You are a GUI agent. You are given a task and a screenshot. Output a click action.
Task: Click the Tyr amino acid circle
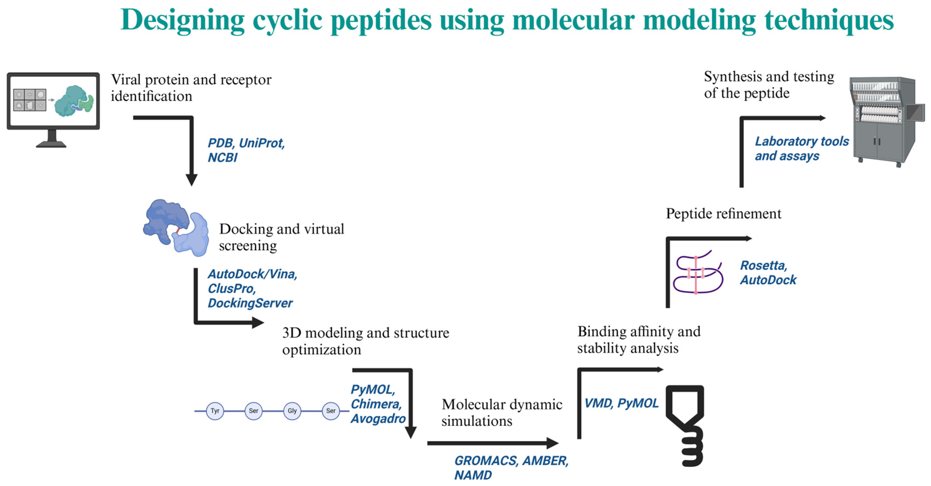[x=215, y=411]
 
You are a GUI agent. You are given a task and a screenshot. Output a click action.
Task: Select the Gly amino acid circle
[x=292, y=411]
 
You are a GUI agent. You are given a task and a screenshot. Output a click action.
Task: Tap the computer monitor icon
[x=53, y=108]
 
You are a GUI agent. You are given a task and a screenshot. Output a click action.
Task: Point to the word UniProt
[x=262, y=143]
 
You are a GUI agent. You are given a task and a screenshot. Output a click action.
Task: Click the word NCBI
[x=222, y=158]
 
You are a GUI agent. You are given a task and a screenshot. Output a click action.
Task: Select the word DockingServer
[x=250, y=303]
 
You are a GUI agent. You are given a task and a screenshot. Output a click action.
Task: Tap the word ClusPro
[x=231, y=288]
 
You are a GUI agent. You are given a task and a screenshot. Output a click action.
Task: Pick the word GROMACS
[x=486, y=461]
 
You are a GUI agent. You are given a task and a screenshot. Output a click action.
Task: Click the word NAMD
[x=473, y=475]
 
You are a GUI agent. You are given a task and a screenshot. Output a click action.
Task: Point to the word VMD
[x=598, y=403]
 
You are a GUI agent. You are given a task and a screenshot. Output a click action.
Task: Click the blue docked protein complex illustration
[x=176, y=228]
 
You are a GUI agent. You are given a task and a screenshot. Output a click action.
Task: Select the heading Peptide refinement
[x=724, y=214]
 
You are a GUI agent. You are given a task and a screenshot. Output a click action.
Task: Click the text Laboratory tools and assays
[x=802, y=149]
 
